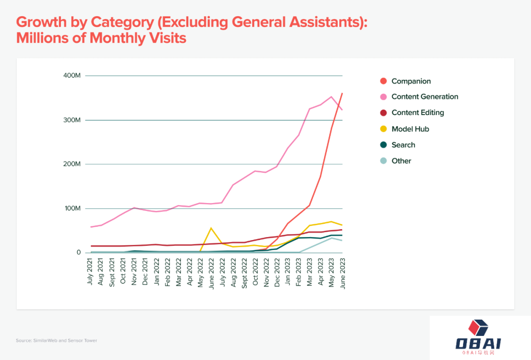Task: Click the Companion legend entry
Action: tap(411, 81)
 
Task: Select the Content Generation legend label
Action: tap(425, 97)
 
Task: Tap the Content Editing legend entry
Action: tap(417, 113)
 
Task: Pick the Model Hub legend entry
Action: tap(410, 129)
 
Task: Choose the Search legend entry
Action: tap(403, 145)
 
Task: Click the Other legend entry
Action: tap(401, 161)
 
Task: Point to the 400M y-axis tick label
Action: tap(72, 76)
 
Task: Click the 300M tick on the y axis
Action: tap(72, 120)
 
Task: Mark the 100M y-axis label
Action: tap(72, 209)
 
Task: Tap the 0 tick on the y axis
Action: tap(78, 253)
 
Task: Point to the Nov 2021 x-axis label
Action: tap(134, 271)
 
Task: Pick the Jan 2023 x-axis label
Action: tap(288, 271)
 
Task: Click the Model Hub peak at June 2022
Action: tap(211, 228)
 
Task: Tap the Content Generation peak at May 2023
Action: tap(331, 96)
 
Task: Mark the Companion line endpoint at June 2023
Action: tap(342, 93)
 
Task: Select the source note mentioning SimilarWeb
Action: tap(57, 340)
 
